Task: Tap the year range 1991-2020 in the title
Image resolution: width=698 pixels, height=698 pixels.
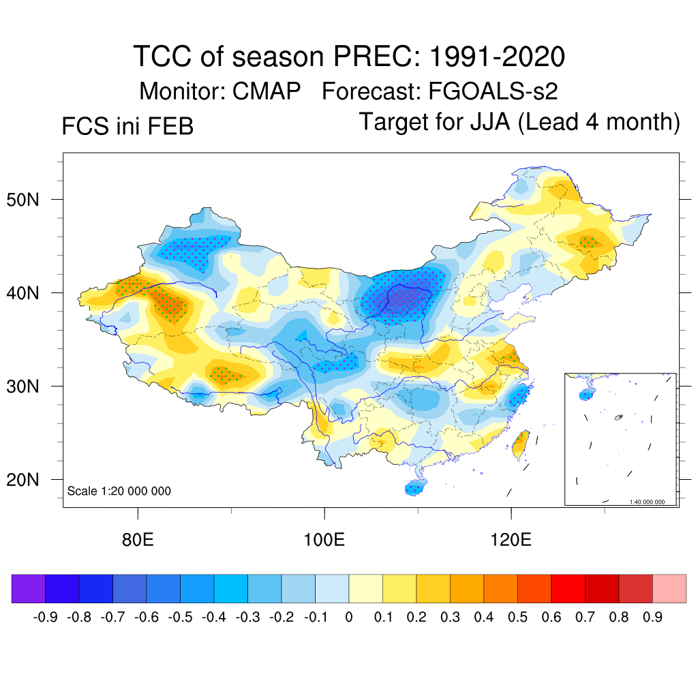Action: click(497, 57)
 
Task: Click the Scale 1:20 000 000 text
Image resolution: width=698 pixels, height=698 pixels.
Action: click(119, 491)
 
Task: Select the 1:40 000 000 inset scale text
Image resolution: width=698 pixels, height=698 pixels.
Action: click(652, 502)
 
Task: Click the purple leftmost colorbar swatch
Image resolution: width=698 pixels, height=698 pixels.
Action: click(28, 589)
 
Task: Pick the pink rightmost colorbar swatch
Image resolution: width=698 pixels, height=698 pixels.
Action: click(669, 589)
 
